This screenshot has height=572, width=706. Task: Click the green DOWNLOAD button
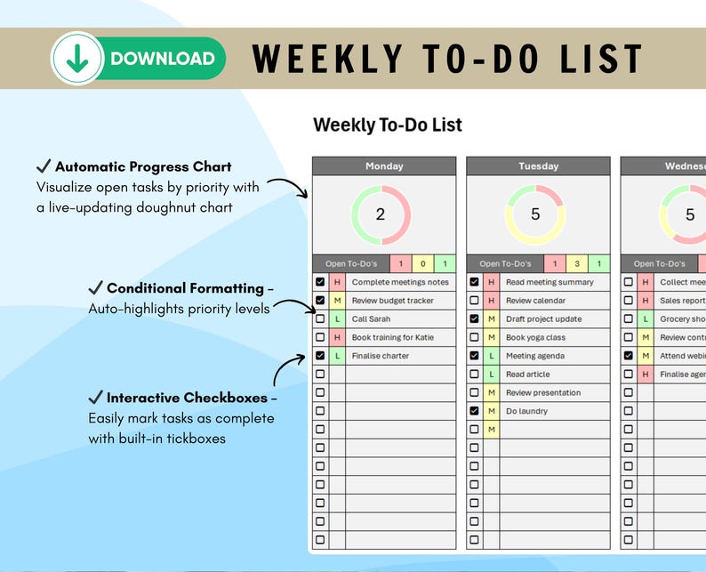162,59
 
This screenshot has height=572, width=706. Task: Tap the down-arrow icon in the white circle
77,59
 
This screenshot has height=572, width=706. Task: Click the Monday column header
384,166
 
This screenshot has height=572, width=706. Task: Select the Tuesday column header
538,166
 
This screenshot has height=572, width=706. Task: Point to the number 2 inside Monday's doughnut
381,214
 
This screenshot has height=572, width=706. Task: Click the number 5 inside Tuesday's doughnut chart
535,214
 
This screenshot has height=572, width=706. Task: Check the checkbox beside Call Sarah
320,319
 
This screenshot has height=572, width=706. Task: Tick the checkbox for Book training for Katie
320,338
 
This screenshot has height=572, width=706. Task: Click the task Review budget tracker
392,301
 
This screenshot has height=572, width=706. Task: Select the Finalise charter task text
381,356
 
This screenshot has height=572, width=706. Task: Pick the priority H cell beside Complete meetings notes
337,282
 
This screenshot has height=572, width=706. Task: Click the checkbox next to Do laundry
474,411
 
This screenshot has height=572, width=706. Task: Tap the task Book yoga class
535,338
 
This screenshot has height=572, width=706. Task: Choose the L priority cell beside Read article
491,375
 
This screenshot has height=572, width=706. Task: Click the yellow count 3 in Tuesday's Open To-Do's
577,264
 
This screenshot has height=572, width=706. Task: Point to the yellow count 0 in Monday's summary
422,264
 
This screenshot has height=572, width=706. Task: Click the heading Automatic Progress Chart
142,167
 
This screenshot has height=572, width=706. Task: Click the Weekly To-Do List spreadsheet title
388,125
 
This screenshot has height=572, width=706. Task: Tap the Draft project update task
543,319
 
